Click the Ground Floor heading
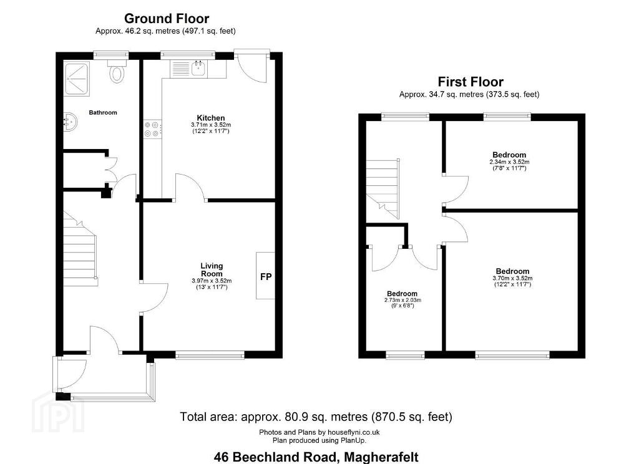point(167,18)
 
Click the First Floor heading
point(471,82)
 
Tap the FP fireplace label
point(266,277)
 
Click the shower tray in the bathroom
point(76,78)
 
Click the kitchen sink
point(199,67)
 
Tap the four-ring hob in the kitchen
point(152,128)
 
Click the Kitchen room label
point(211,118)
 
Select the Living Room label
point(212,269)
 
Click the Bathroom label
point(103,112)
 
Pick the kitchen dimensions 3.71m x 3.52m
point(211,125)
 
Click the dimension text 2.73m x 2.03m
point(402,300)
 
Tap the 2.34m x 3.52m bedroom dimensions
point(509,162)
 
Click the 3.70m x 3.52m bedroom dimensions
point(512,278)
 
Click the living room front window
point(210,355)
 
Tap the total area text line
point(316,417)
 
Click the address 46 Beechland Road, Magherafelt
point(316,457)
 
